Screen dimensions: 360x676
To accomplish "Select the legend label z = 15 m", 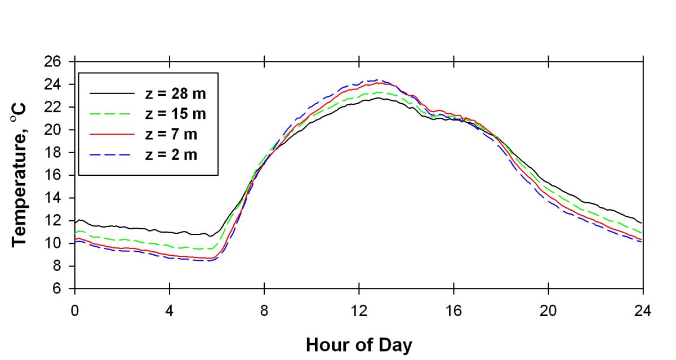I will click(x=175, y=114).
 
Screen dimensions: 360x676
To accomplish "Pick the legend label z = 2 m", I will click(x=172, y=155).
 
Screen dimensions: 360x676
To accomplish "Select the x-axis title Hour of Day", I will click(x=358, y=345).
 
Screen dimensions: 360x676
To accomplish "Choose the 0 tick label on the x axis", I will click(x=74, y=310).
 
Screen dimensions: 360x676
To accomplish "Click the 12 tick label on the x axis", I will click(x=359, y=310).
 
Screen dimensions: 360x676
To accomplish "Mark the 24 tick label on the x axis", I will click(x=643, y=310).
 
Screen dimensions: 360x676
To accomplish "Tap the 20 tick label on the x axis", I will click(x=548, y=310).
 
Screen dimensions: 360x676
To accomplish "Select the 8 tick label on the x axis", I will click(x=264, y=310).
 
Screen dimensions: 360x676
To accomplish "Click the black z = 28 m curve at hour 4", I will click(x=169, y=232).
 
